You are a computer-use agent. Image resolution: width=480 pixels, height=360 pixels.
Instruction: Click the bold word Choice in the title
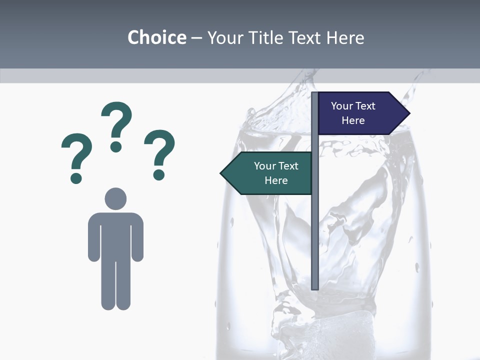click(x=156, y=37)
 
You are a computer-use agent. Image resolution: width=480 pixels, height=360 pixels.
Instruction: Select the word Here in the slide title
click(x=345, y=37)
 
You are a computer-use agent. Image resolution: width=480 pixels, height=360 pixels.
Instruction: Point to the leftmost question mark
click(x=76, y=155)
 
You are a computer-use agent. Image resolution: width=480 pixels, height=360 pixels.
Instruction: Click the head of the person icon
click(x=115, y=198)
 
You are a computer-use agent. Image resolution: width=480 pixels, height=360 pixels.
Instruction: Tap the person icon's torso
click(x=115, y=235)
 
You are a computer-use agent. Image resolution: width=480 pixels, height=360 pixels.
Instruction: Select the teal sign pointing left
click(x=270, y=173)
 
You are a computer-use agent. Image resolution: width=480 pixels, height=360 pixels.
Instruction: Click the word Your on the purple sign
click(x=342, y=106)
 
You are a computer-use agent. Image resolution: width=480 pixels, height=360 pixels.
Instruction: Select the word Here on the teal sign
click(x=276, y=180)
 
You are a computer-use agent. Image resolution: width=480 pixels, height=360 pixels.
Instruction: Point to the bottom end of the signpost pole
click(x=315, y=287)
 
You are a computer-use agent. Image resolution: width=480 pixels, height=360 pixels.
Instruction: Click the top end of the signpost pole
click(x=315, y=94)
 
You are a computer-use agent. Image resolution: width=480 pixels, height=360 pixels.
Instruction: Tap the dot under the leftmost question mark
click(x=76, y=177)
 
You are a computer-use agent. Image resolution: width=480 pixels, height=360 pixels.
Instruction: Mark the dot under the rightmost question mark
click(x=159, y=174)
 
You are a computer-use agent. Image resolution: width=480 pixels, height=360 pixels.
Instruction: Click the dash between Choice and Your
click(x=196, y=38)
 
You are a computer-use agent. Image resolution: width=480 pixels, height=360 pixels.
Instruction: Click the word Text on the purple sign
click(x=365, y=106)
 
